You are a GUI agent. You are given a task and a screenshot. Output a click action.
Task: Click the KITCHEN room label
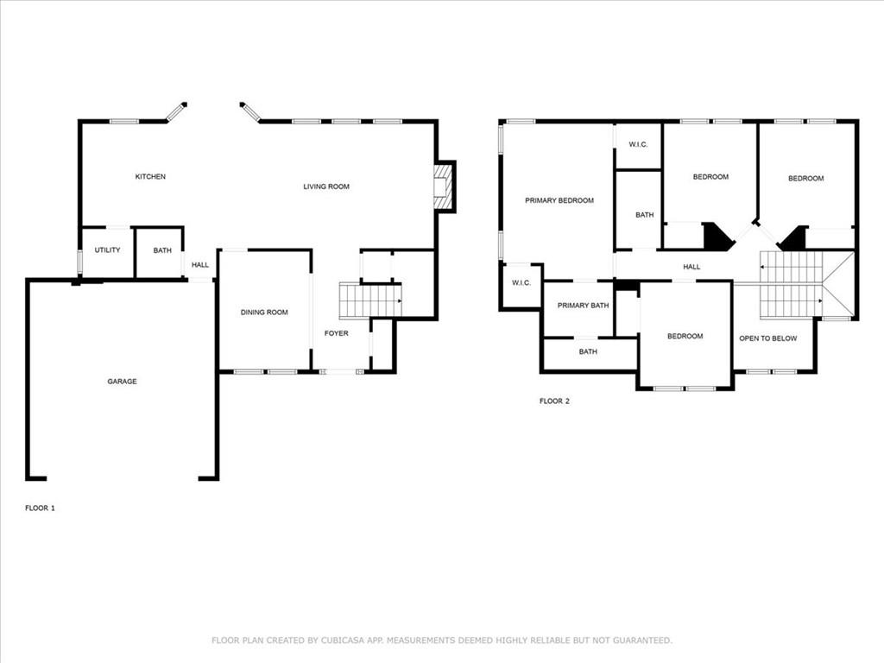150,176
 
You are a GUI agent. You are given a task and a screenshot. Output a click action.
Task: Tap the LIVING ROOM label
326,186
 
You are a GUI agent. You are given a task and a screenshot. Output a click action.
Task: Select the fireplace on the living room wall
444,186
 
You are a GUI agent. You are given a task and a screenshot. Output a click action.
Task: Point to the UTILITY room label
107,249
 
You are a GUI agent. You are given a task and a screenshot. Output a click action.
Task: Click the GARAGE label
123,382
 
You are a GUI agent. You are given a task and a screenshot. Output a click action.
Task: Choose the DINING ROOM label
264,313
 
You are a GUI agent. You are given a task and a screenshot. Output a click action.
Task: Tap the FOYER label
337,333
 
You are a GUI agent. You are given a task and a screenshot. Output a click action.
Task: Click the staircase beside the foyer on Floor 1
370,301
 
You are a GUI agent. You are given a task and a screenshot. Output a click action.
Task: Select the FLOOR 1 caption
40,508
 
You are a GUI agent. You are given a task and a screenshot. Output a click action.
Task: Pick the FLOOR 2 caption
555,401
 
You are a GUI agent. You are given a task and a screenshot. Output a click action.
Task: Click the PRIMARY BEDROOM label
559,200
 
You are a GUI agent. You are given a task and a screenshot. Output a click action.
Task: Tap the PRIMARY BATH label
583,306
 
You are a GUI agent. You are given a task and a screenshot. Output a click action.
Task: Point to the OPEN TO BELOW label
767,338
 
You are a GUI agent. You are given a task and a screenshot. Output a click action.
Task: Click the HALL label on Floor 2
691,267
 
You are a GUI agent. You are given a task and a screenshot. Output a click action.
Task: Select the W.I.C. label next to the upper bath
638,144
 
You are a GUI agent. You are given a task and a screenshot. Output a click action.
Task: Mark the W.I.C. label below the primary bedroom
521,282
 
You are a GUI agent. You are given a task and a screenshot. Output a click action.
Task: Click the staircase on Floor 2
791,285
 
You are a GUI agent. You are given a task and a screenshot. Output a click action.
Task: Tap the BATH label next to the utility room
162,250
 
